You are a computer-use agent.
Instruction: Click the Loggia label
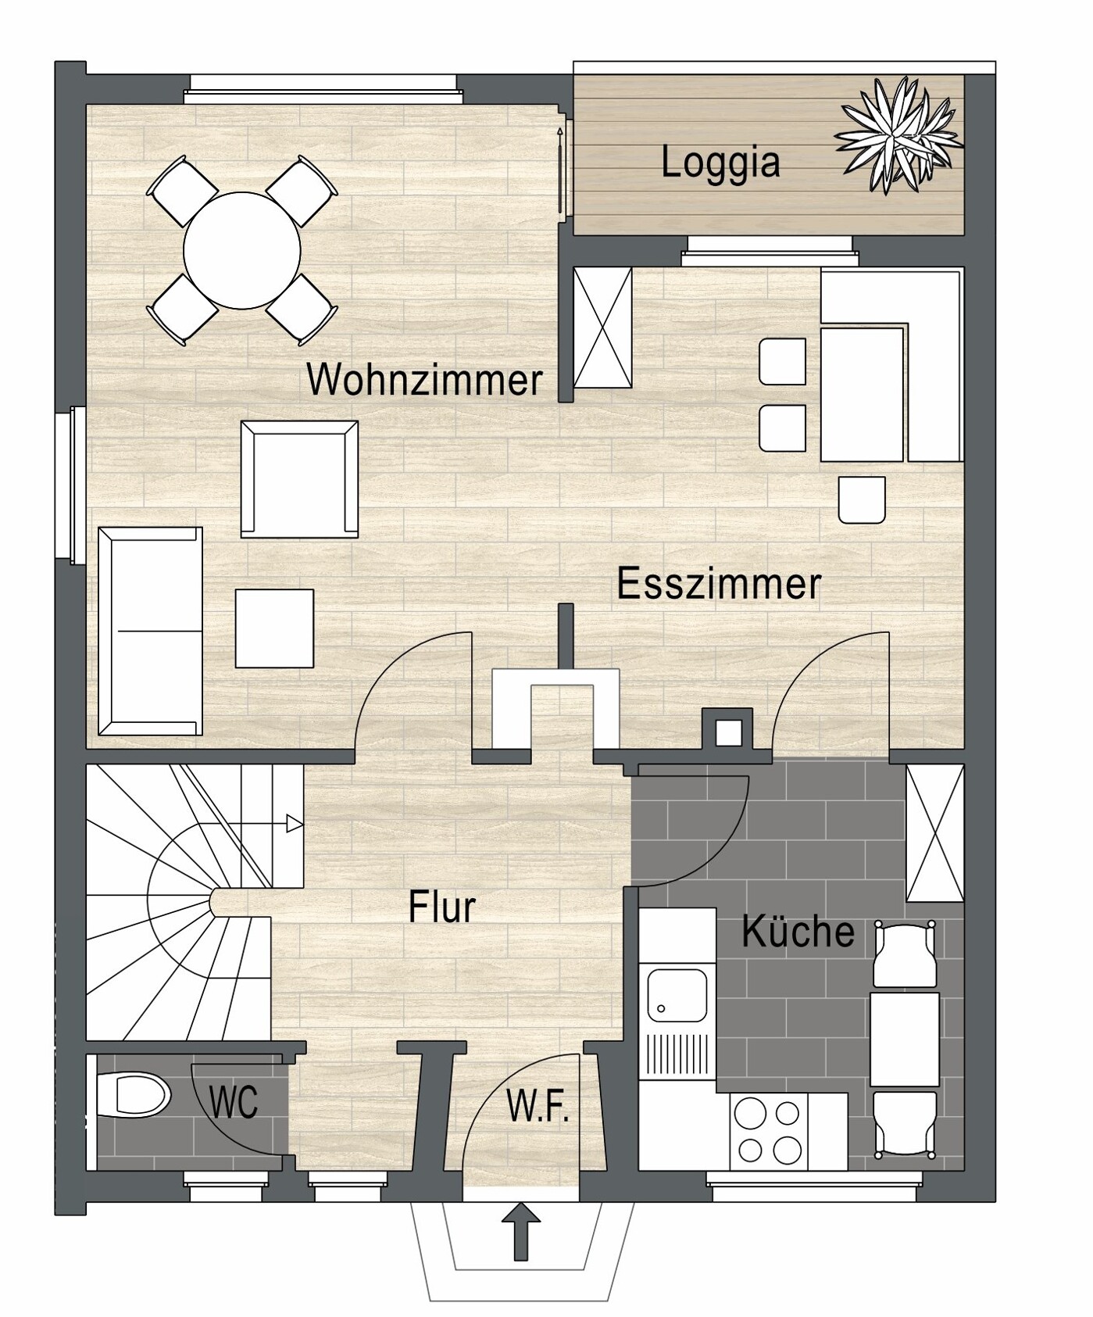coord(720,163)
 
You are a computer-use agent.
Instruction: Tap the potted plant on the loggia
coord(899,135)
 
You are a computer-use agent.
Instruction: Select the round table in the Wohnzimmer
coord(241,251)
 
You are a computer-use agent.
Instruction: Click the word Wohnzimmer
coord(424,380)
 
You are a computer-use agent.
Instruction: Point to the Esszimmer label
coord(719,584)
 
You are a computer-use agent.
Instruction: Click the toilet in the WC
coord(134,1094)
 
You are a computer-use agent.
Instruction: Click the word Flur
coord(441,907)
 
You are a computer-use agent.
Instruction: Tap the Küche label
coord(798,931)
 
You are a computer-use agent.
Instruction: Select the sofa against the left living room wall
coord(150,632)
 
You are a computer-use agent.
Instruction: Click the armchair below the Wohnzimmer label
coord(299,479)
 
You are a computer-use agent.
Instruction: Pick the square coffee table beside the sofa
coord(274,628)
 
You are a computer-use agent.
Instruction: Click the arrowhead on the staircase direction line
coord(295,823)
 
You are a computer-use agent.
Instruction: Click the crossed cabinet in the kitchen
coord(934,833)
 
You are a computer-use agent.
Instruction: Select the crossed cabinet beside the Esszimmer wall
coord(602,327)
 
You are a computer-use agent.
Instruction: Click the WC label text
coord(234,1103)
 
